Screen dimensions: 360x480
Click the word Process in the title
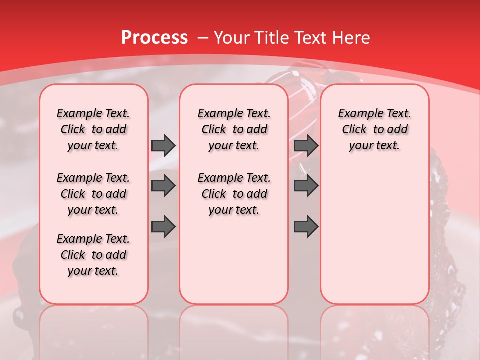tap(154, 37)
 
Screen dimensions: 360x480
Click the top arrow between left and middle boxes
tap(163, 146)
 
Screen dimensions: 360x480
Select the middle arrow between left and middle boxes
tap(163, 186)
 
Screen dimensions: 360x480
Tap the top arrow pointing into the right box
tap(306, 146)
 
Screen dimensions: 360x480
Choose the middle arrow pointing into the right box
tap(306, 186)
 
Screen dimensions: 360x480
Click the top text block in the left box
tap(93, 129)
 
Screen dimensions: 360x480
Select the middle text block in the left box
tap(93, 194)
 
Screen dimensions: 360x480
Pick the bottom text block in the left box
tap(93, 255)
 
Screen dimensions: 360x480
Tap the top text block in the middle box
tap(234, 129)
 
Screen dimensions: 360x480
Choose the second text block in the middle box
tap(234, 194)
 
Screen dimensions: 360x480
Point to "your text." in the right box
tap(374, 146)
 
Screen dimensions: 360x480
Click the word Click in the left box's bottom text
tap(73, 255)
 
